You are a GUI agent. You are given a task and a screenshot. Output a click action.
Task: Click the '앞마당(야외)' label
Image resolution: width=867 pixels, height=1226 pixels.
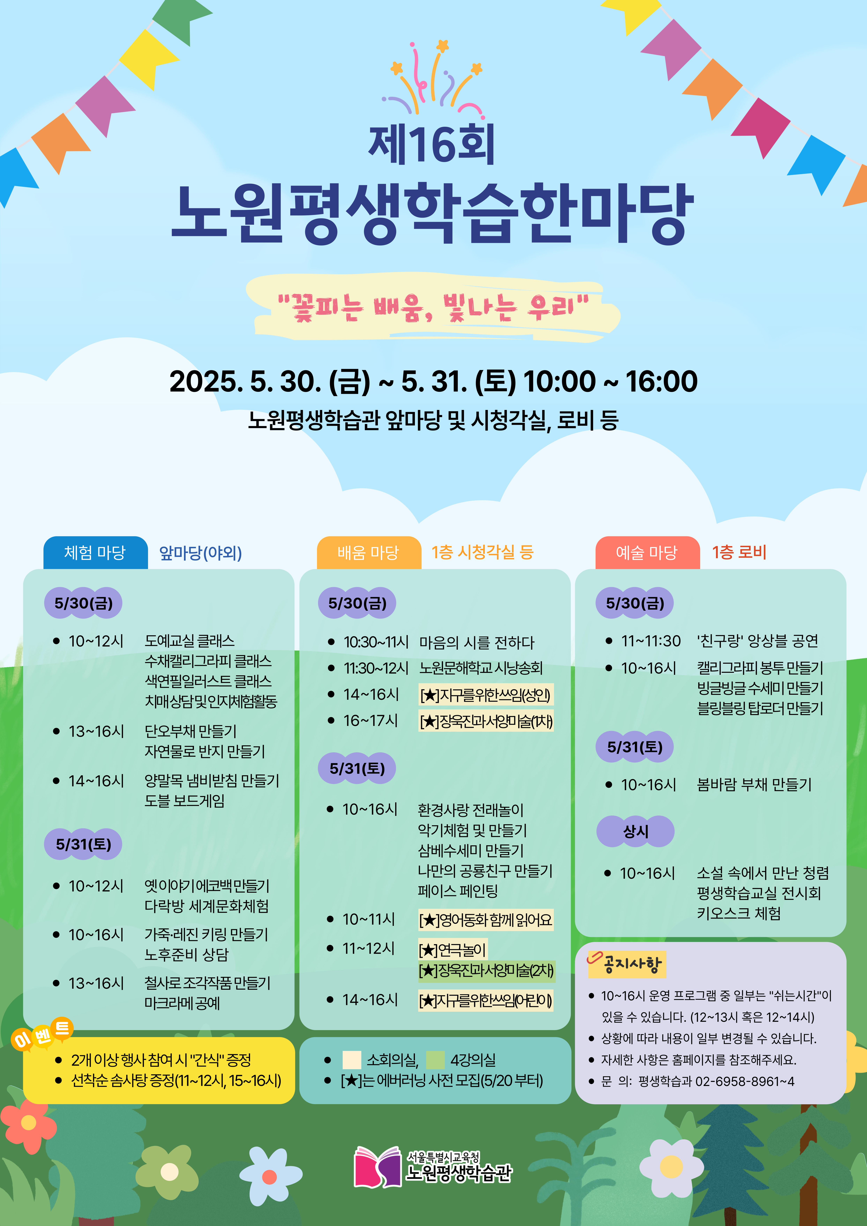tap(201, 553)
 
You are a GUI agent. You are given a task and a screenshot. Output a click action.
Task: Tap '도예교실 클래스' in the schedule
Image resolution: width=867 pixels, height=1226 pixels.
tap(190, 641)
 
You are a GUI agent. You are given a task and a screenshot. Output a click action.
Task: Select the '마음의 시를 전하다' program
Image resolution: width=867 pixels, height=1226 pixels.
tap(477, 642)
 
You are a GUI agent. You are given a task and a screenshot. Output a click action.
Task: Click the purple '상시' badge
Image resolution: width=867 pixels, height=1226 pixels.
tap(635, 831)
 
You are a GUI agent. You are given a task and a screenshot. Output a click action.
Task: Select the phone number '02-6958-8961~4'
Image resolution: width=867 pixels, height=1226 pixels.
tap(745, 1081)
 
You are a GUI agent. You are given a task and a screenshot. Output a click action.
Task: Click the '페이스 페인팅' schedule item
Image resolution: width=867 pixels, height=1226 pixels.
tap(458, 891)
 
